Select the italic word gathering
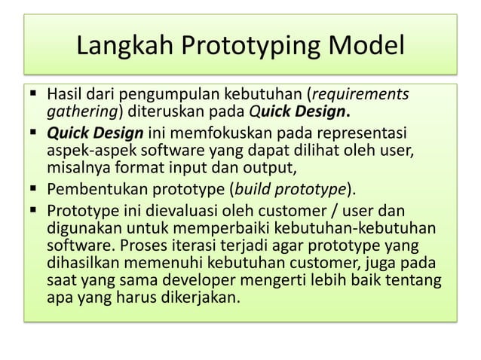(79, 114)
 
